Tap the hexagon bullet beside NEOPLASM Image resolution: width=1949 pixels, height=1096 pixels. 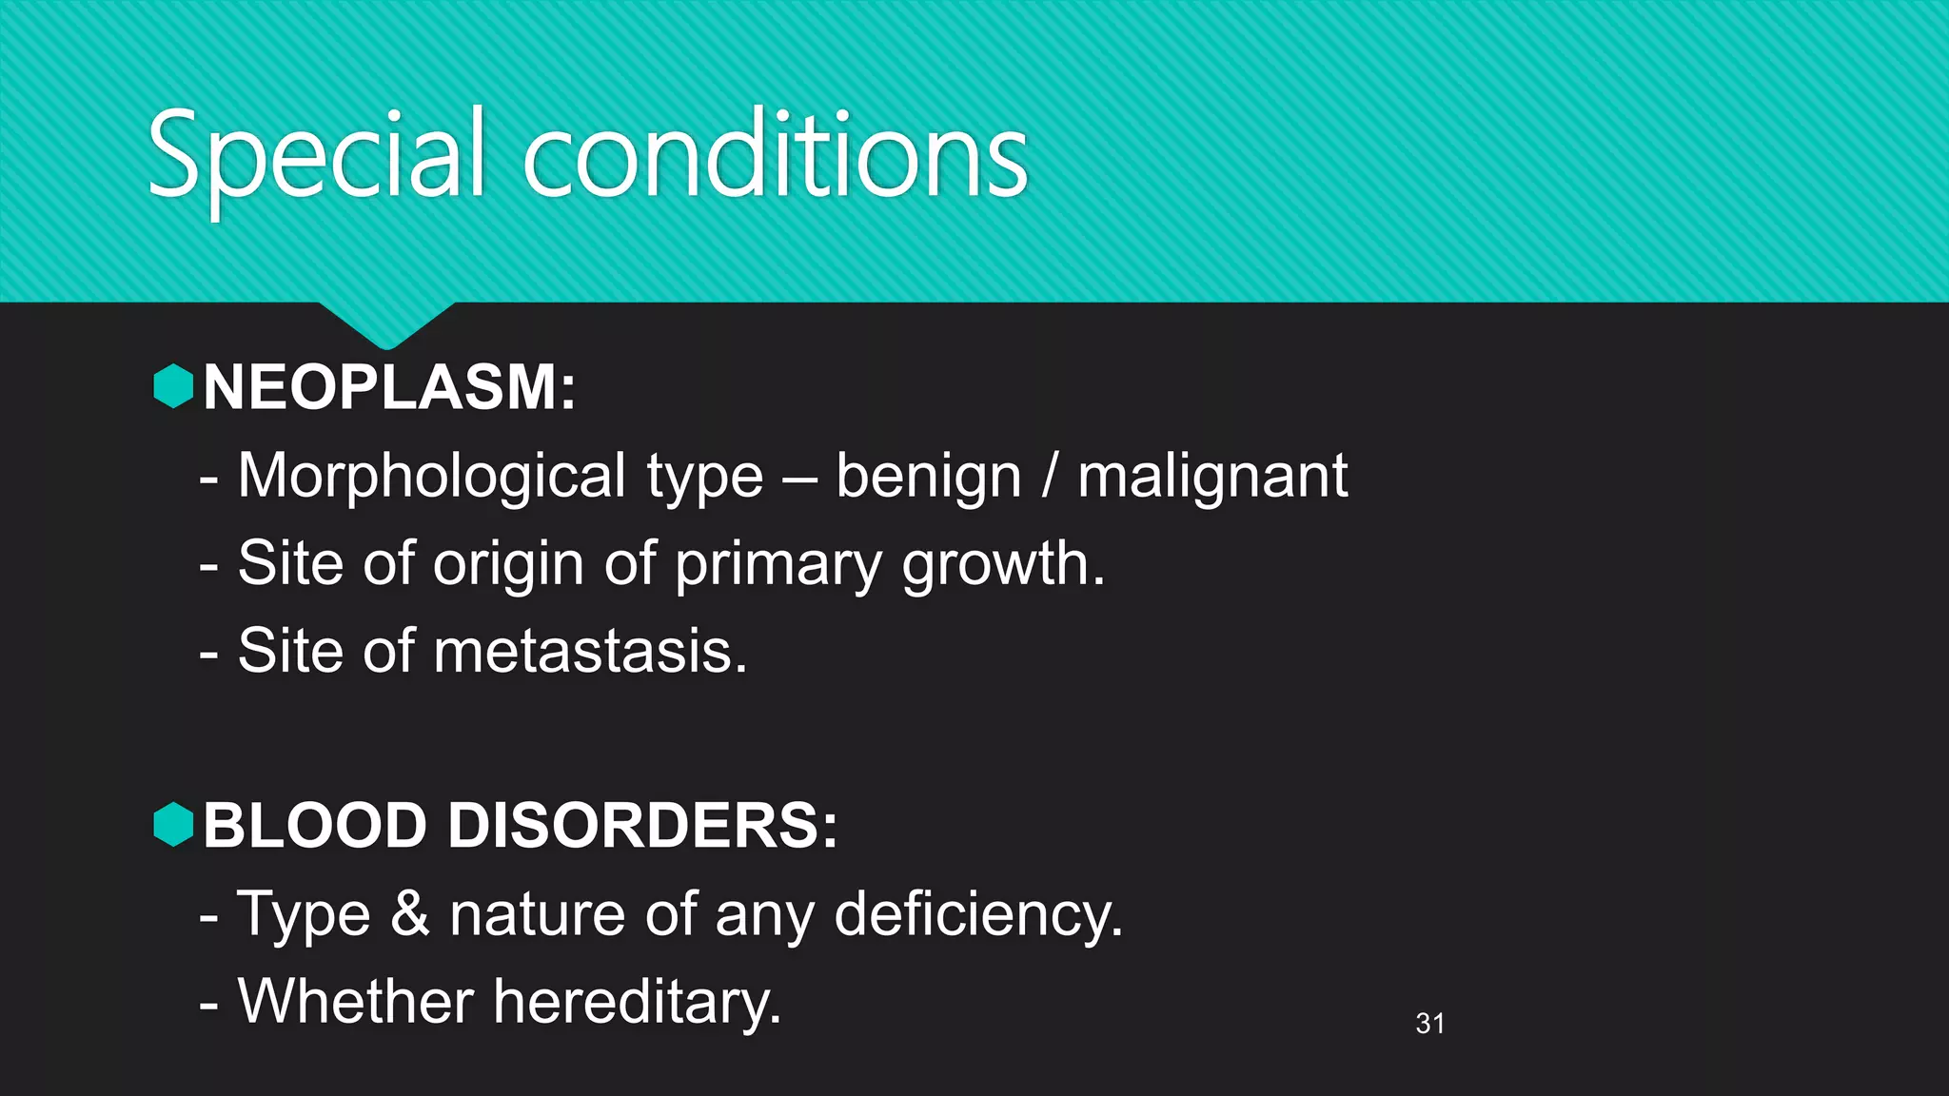173,386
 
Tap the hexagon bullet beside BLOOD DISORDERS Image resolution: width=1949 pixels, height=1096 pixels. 173,824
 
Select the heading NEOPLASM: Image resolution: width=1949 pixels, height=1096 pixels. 389,387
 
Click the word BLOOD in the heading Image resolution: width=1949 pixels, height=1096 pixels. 314,825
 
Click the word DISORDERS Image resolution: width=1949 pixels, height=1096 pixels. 642,825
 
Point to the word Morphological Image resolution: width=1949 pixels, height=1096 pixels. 432,476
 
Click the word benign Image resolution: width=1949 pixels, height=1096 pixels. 928,476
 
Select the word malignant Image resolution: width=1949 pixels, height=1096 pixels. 1212,476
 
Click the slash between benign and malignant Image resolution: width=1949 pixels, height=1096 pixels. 1049,476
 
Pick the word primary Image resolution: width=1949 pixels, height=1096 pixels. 778,564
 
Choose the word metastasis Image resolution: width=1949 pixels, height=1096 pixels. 590,652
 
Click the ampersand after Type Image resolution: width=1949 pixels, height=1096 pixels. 410,913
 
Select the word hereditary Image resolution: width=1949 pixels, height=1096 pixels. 637,1003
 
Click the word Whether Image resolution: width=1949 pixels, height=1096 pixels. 355,1001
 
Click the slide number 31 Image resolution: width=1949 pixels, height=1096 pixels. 1429,1024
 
